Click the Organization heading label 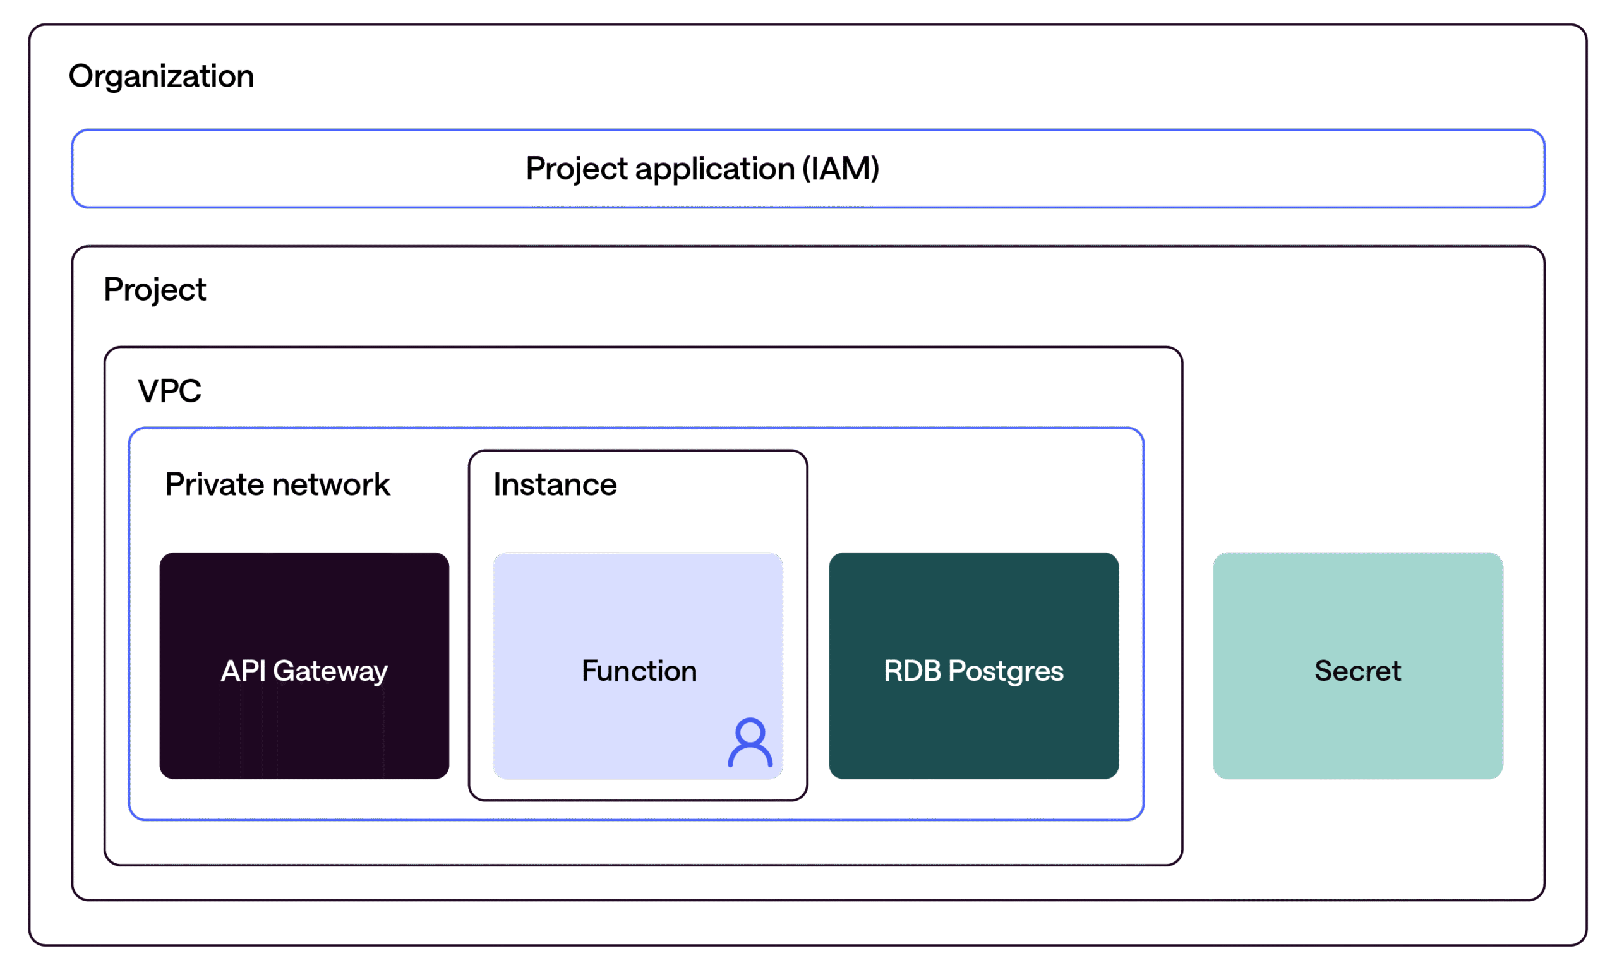pos(161,76)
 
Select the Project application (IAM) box pos(808,169)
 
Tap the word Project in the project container pos(155,290)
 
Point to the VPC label pos(169,392)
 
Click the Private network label pos(277,485)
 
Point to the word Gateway pos(330,671)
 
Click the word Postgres pos(1005,671)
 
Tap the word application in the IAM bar pos(714,169)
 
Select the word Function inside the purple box pos(639,671)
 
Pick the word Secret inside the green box pos(1357,671)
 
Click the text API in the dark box pos(243,671)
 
